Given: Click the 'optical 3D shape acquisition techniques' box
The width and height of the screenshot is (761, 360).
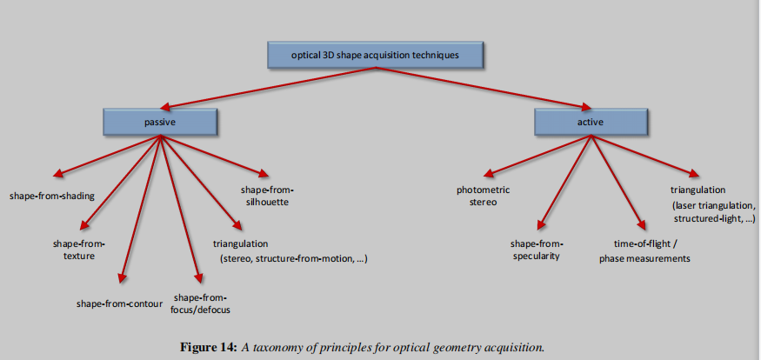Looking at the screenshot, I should pos(375,57).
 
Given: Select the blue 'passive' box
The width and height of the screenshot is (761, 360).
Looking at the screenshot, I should pos(160,123).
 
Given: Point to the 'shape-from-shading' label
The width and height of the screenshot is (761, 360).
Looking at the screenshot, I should pos(52,196).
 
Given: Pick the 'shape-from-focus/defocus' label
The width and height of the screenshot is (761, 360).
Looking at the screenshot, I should pos(202,303).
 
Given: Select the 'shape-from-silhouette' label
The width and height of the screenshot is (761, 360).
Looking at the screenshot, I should pos(267,196).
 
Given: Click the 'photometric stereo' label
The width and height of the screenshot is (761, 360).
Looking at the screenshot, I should pos(483,196).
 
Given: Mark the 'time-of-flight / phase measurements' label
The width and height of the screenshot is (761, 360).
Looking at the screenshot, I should pos(644,251).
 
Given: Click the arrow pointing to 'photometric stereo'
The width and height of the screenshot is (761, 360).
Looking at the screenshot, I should pos(539,157).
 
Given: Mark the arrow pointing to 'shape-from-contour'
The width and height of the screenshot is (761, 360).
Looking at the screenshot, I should pos(142,209).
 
